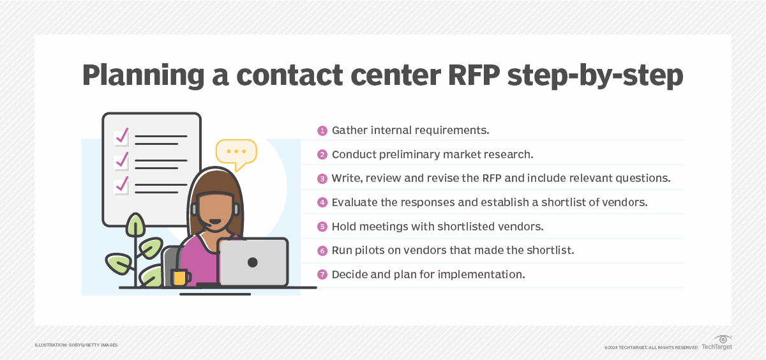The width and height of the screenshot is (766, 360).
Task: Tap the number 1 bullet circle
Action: pyautogui.click(x=322, y=131)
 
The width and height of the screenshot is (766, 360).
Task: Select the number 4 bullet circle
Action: pyautogui.click(x=322, y=202)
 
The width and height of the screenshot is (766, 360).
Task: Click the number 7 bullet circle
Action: pyautogui.click(x=322, y=274)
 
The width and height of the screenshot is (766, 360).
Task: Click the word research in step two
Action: pyautogui.click(x=507, y=154)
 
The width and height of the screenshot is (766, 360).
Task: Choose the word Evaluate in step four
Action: pyautogui.click(x=356, y=202)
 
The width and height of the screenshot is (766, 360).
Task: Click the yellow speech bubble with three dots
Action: pyautogui.click(x=236, y=152)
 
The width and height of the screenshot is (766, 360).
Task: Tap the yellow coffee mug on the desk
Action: pyautogui.click(x=180, y=277)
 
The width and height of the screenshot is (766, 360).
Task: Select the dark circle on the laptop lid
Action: pyautogui.click(x=253, y=262)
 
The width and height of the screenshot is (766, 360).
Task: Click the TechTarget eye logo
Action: pyautogui.click(x=723, y=339)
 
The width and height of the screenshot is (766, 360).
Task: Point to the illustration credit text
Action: pyautogui.click(x=76, y=345)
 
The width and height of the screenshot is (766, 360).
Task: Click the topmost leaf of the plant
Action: pyautogui.click(x=135, y=225)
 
